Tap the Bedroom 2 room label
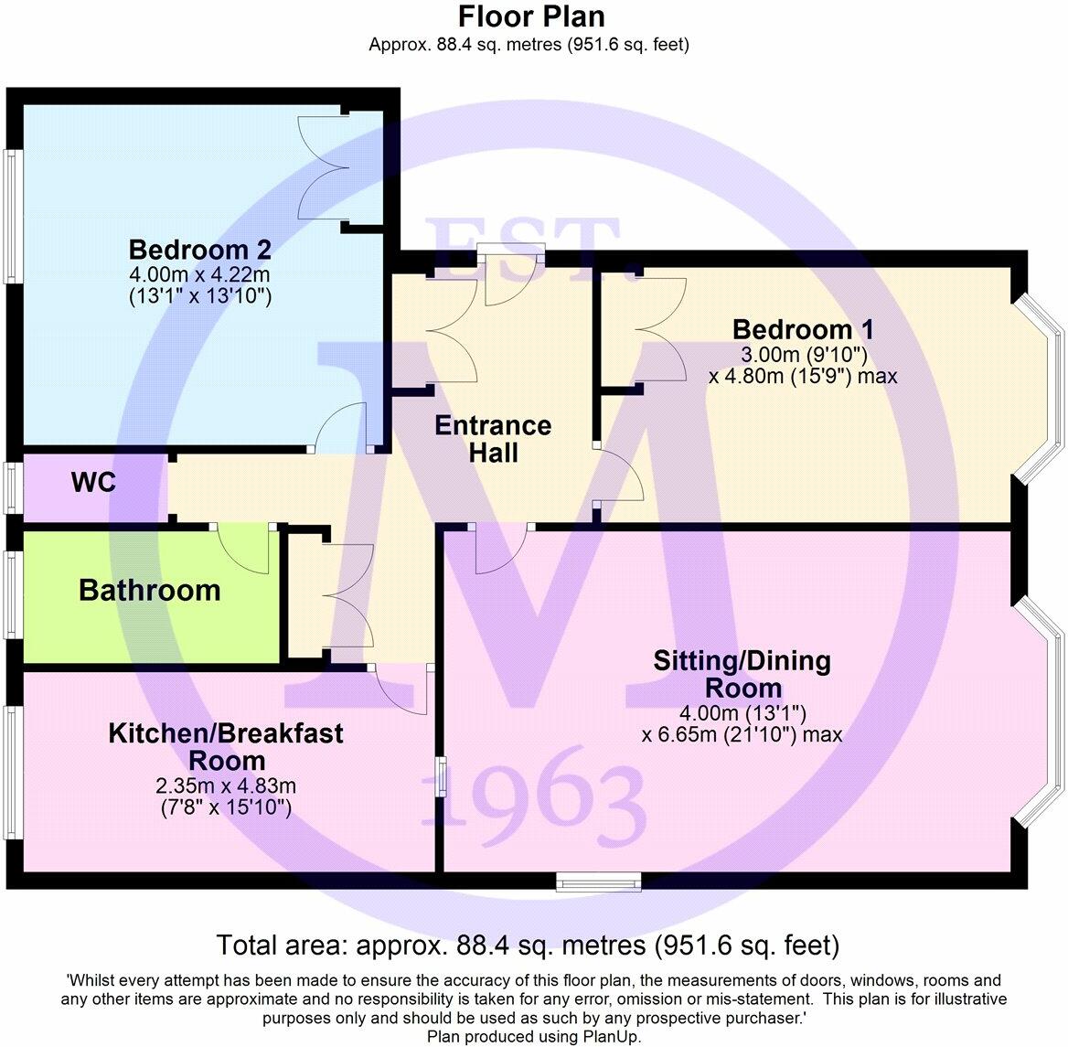click(200, 250)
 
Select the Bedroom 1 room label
click(803, 329)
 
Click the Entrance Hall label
click(493, 439)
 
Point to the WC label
click(94, 483)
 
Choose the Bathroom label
click(150, 591)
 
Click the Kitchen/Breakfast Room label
click(226, 746)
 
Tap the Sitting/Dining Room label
click(742, 674)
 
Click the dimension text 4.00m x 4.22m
click(200, 274)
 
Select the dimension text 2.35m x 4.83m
click(226, 786)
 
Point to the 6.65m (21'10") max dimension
click(742, 734)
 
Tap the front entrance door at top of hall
click(515, 279)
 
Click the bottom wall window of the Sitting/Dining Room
click(599, 881)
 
